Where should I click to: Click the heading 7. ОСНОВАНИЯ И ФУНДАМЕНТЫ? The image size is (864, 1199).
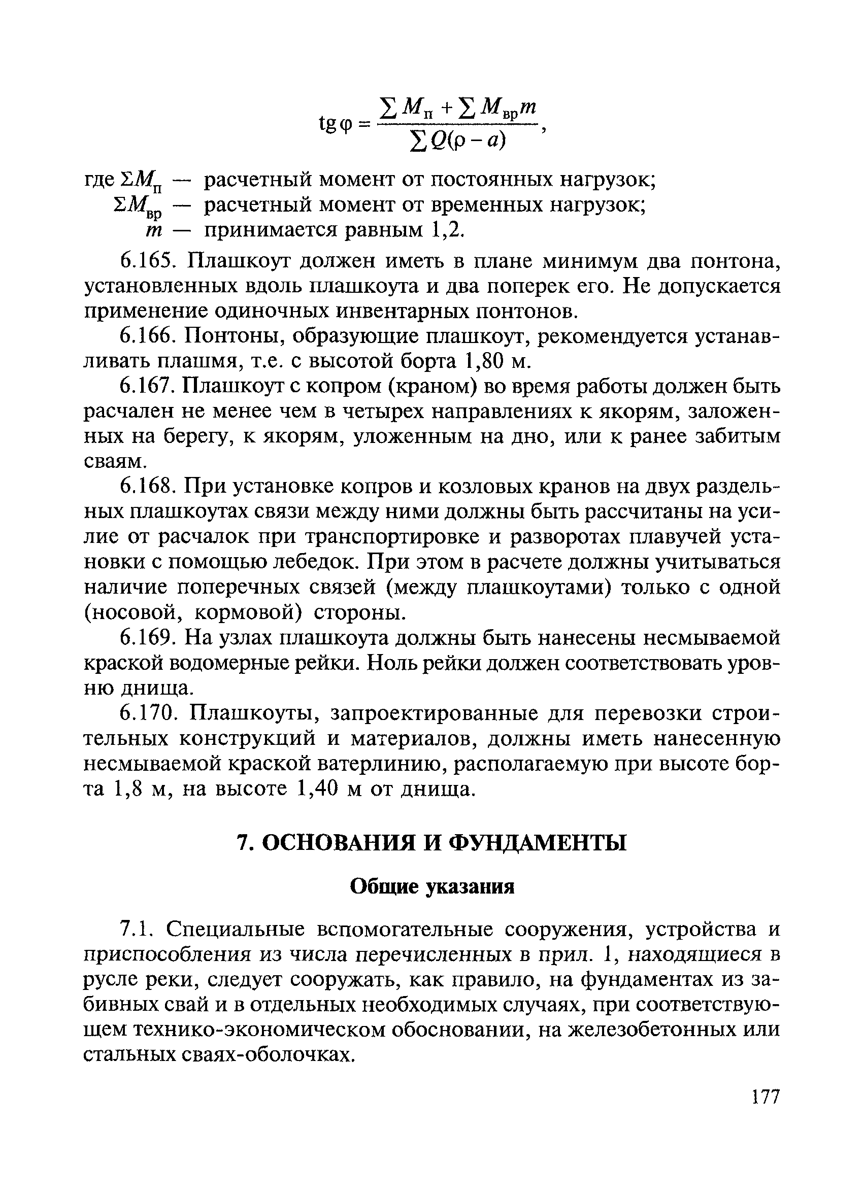point(431,843)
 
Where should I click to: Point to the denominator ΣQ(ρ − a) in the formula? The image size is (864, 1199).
point(458,141)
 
